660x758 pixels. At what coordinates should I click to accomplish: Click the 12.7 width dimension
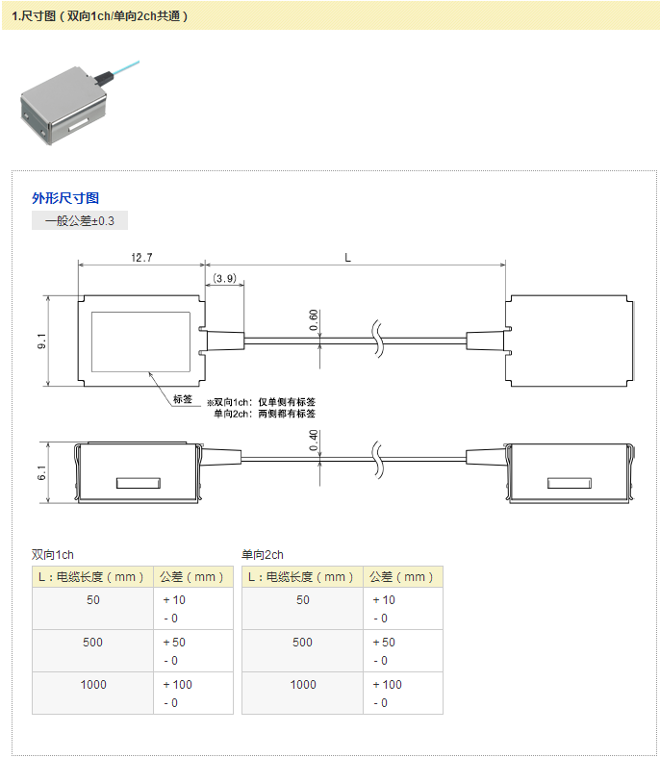pos(141,258)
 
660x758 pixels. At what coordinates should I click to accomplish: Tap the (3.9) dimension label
pos(224,278)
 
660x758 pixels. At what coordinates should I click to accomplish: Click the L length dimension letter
pos(347,257)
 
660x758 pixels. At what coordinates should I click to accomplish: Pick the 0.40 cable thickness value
pos(314,440)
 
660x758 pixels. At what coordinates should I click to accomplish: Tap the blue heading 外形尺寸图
pos(65,198)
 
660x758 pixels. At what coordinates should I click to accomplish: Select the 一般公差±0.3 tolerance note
pos(80,220)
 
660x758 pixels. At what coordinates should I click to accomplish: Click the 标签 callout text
pos(183,400)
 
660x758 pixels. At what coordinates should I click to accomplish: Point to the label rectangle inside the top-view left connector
pos(140,341)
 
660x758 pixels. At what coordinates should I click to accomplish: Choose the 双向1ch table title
pos(53,555)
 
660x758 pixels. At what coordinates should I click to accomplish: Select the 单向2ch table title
pos(263,555)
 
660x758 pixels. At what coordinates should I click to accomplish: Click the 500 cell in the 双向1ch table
pos(92,642)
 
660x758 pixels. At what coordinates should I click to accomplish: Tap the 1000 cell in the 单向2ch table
pos(302,684)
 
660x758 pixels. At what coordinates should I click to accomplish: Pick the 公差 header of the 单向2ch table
pos(403,577)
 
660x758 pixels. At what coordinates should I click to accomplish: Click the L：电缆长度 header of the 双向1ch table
pos(92,577)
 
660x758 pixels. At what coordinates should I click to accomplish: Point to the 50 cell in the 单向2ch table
pos(302,599)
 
